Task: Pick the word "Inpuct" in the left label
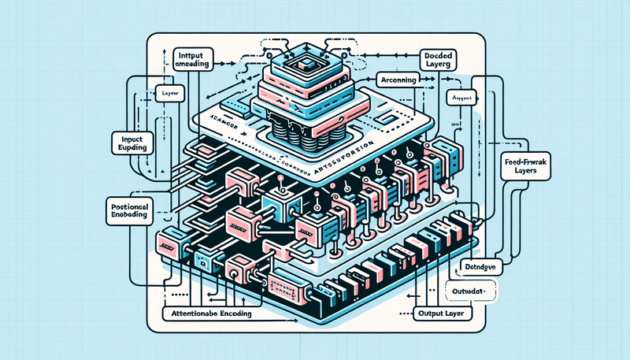click(125, 139)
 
